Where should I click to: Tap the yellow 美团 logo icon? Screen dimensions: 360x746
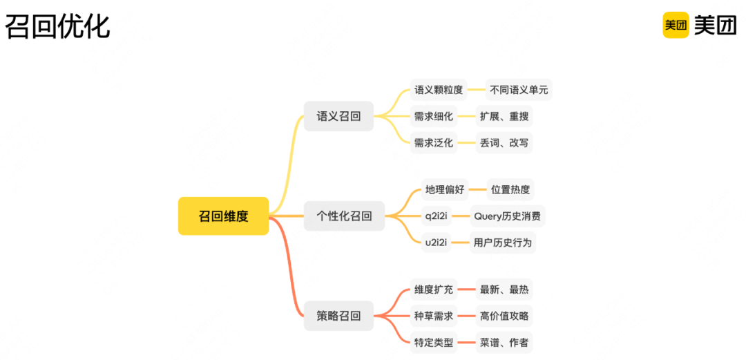[676, 25]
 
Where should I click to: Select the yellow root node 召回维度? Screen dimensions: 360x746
[223, 216]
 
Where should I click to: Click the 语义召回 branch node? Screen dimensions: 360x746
[338, 116]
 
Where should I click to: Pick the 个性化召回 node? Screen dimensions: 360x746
[344, 216]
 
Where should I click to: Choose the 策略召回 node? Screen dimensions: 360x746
[338, 316]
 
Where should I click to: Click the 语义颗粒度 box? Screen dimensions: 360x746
[439, 90]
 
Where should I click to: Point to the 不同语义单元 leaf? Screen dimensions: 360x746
[519, 90]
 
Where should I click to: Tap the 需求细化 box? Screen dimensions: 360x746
[434, 116]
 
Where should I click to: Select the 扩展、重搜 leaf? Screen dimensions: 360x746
[504, 116]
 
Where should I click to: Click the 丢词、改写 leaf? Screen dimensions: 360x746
[504, 142]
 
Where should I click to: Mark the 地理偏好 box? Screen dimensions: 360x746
[445, 189]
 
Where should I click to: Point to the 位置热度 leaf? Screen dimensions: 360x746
[510, 189]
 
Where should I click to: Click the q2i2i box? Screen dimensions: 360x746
[436, 216]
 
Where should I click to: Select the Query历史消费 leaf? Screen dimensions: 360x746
[507, 216]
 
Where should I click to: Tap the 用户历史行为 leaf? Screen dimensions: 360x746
[503, 243]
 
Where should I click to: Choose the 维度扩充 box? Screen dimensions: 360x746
[434, 290]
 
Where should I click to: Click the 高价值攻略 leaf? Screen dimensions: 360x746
[504, 316]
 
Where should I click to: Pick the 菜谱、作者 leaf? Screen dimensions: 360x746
[504, 342]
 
